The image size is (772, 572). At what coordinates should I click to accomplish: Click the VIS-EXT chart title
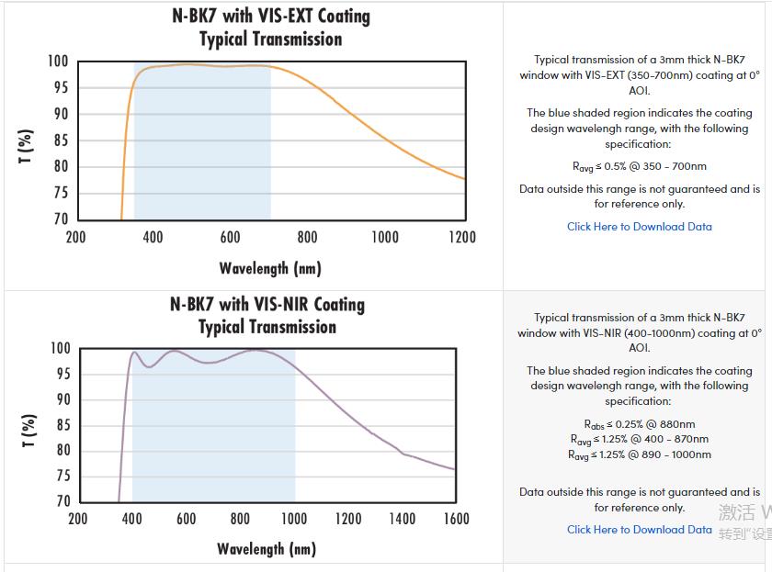tap(271, 28)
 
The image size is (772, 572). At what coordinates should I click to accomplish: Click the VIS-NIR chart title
tap(267, 316)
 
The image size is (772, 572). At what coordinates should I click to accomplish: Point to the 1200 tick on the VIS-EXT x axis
tap(462, 238)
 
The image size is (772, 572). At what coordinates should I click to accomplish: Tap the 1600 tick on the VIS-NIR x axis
tap(456, 519)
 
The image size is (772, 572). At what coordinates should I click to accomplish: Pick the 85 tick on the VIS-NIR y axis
tap(62, 425)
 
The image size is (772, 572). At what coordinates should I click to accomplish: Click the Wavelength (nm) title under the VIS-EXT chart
tap(270, 268)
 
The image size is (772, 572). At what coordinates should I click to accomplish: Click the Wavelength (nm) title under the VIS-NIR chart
tap(267, 549)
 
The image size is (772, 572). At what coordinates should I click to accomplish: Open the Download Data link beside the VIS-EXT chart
tap(639, 227)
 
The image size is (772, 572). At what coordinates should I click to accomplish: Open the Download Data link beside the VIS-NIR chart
tap(639, 530)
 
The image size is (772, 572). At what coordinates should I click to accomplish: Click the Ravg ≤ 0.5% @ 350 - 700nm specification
tap(640, 167)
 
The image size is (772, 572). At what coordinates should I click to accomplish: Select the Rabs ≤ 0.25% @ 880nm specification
tap(640, 424)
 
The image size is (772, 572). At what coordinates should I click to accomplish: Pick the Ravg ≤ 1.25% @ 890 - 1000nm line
tap(640, 454)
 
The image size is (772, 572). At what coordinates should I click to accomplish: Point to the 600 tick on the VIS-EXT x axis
tap(230, 238)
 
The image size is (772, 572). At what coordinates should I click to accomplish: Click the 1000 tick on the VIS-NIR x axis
tap(294, 519)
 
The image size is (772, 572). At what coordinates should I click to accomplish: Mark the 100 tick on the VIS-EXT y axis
tap(58, 62)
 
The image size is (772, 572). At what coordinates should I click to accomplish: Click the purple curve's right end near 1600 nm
tap(454, 469)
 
